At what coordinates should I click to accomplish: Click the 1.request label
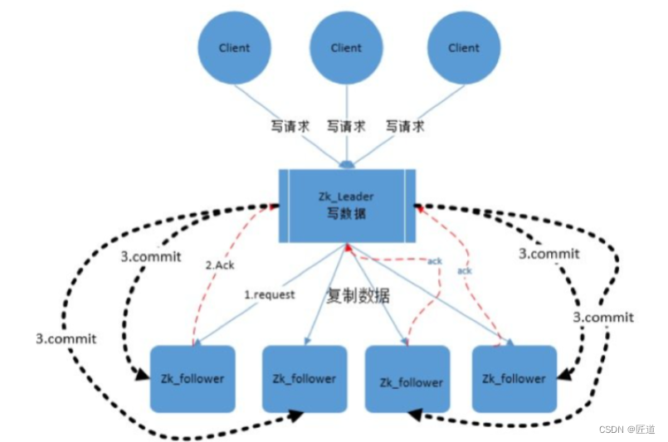(x=269, y=294)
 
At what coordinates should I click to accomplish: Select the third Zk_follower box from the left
(x=411, y=381)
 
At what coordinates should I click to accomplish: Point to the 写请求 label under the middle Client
(x=346, y=127)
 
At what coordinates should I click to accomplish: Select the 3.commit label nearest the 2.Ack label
(x=151, y=255)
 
